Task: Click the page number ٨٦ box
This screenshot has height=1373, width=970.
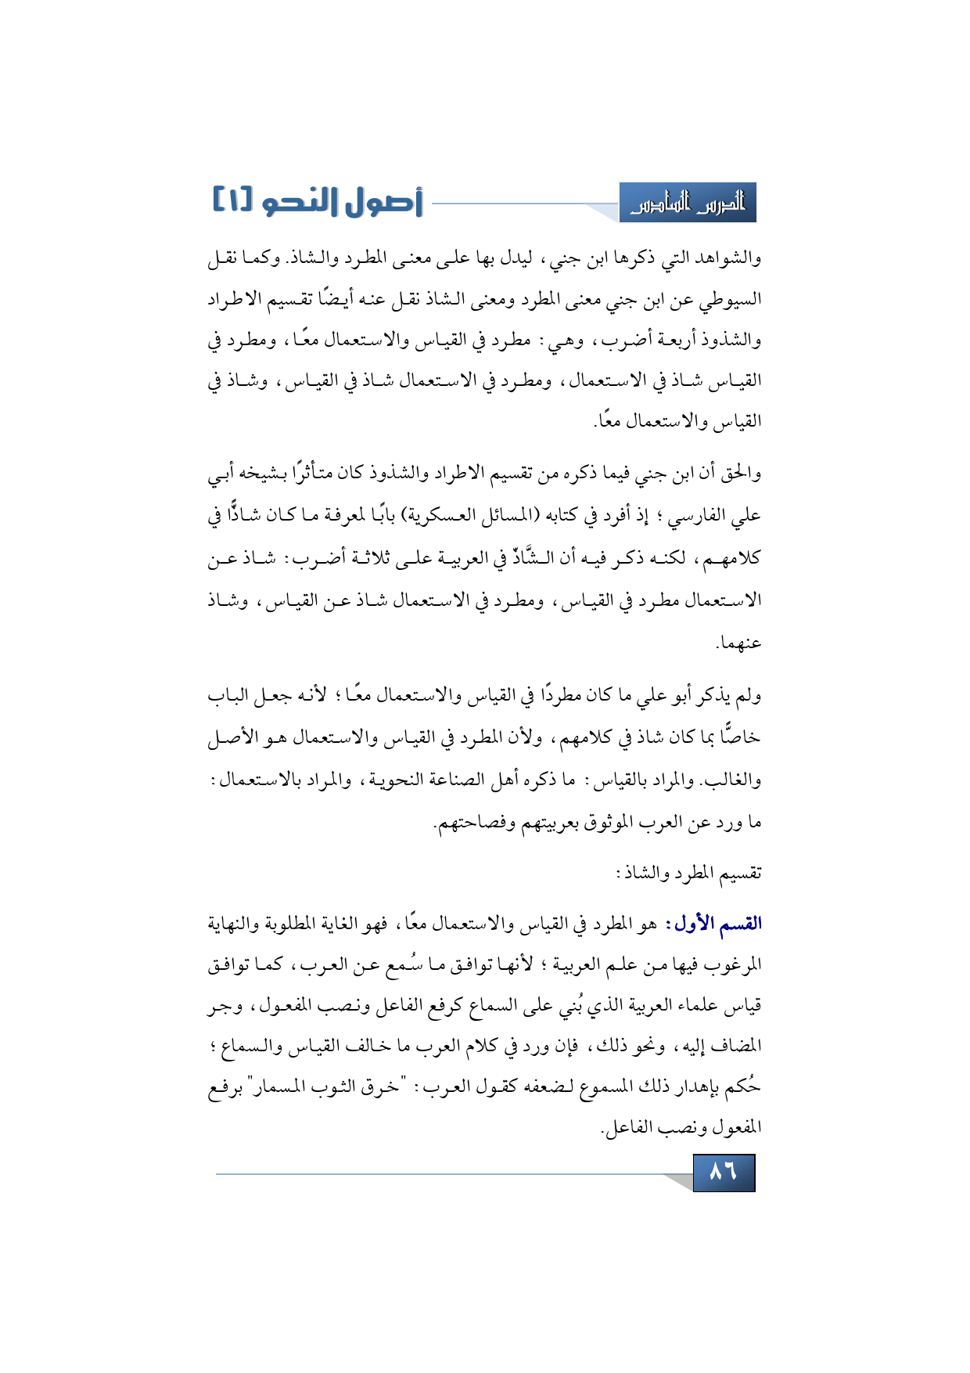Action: click(724, 1172)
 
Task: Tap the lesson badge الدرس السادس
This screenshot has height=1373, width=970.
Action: click(688, 204)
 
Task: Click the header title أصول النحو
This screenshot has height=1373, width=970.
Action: click(341, 202)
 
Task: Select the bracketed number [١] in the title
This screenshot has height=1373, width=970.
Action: click(233, 200)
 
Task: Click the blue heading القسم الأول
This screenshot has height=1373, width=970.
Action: click(713, 924)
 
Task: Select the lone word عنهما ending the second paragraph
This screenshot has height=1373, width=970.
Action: click(739, 643)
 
